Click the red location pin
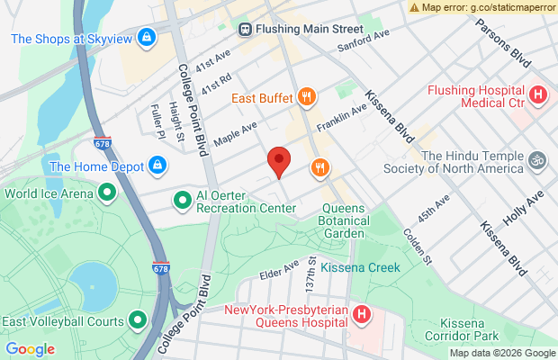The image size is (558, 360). click(x=279, y=162)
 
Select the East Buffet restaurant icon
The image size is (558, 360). click(x=307, y=97)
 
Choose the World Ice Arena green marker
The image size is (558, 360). click(x=107, y=193)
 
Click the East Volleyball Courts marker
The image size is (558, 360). click(x=138, y=319)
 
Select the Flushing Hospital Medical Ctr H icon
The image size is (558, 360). click(x=537, y=94)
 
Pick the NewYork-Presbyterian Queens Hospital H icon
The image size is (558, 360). click(x=360, y=315)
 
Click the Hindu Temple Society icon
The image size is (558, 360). click(x=537, y=159)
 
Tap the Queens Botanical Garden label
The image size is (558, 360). click(x=356, y=216)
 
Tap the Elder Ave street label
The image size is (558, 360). click(x=278, y=268)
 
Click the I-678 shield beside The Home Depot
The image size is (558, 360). click(x=103, y=143)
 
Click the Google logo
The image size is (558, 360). click(x=31, y=349)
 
